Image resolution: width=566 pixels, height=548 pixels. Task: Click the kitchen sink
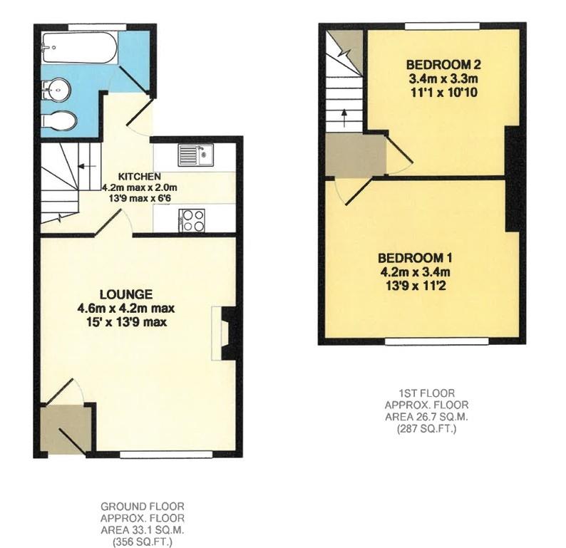click(194, 154)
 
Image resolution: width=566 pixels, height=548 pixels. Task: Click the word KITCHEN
click(139, 177)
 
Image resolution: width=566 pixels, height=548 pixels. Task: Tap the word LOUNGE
click(126, 294)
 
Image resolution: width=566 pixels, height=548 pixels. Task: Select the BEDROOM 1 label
click(416, 258)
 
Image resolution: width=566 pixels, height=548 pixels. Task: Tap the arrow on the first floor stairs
click(344, 115)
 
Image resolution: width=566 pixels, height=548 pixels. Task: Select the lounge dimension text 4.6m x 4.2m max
click(126, 309)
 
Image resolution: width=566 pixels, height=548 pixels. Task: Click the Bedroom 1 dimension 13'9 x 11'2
click(416, 286)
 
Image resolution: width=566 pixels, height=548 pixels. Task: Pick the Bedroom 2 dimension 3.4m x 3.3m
click(436, 78)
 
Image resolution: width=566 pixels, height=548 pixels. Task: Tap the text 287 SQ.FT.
click(426, 429)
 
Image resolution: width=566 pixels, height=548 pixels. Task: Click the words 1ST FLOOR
click(426, 393)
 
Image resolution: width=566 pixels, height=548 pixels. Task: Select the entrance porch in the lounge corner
click(66, 429)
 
